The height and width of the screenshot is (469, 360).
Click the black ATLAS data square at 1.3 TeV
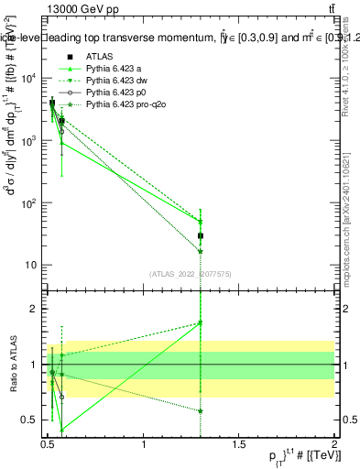click(x=201, y=235)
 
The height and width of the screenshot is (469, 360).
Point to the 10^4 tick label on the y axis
click(x=27, y=79)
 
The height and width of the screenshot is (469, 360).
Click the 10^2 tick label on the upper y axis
click(x=27, y=203)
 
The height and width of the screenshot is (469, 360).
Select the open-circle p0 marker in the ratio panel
click(x=61, y=398)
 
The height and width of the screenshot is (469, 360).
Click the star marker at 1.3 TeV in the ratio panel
click(x=201, y=410)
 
